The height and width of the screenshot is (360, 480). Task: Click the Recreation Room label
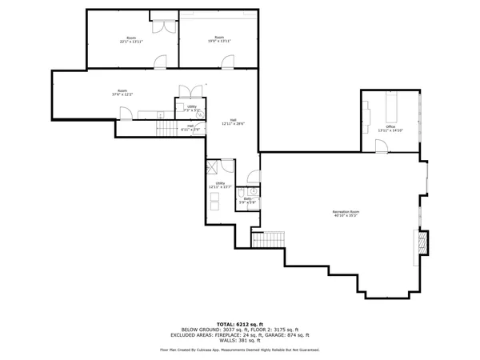tap(346, 213)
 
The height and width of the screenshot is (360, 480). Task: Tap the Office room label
tap(391, 128)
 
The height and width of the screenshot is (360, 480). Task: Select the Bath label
tap(249, 200)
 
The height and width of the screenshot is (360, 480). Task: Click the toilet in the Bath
tap(253, 191)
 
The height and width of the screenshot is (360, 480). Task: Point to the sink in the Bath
tap(242, 192)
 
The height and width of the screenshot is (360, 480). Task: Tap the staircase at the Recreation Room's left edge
tap(268, 238)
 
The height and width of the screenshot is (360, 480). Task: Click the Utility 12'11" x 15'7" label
tap(219, 185)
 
